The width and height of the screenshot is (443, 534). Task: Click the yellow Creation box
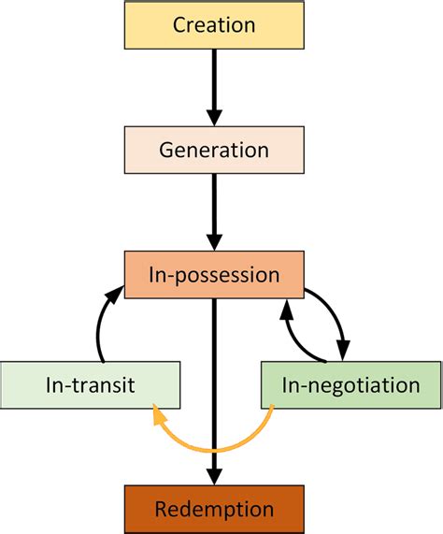point(214,24)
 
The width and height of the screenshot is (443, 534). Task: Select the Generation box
point(214,150)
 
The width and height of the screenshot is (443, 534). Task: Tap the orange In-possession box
point(214,275)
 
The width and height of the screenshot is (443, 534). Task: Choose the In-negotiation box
point(350,384)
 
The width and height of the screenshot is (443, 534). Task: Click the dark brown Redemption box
point(214,509)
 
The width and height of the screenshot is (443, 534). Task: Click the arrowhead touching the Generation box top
point(214,116)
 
